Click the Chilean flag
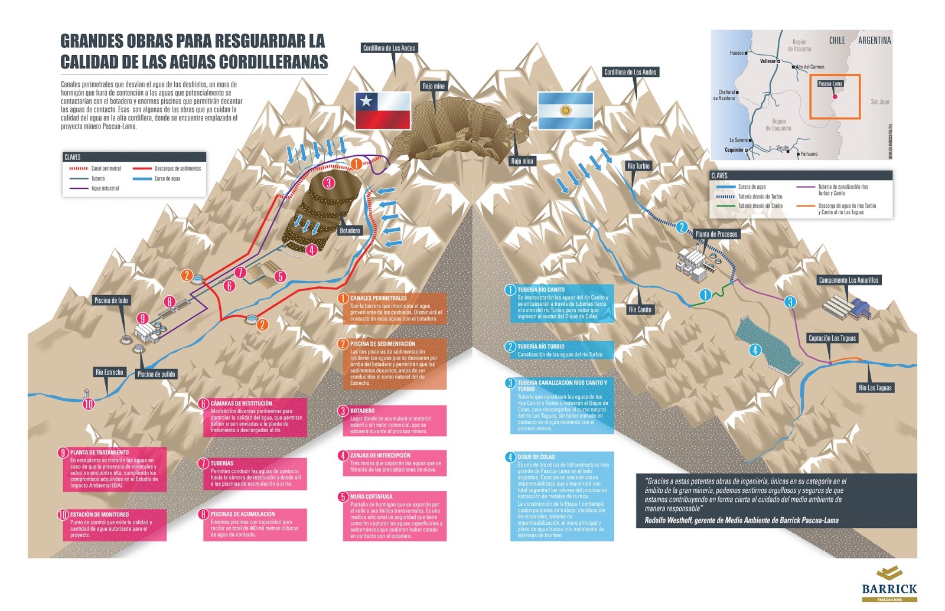click(382, 110)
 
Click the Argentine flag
click(565, 110)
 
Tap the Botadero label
click(350, 230)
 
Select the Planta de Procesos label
click(716, 234)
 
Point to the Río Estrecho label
click(109, 372)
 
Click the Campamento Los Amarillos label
click(849, 280)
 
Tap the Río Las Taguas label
click(875, 388)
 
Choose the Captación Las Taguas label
click(832, 338)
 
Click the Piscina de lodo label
click(111, 300)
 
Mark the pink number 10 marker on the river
click(89, 404)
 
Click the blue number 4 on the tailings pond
click(755, 350)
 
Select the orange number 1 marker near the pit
click(356, 164)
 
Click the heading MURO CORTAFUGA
click(371, 496)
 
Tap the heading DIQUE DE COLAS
click(536, 457)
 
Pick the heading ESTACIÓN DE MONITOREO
click(99, 514)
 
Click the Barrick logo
click(889, 584)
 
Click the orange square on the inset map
click(835, 96)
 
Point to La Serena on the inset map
click(739, 141)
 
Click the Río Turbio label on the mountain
click(638, 166)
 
